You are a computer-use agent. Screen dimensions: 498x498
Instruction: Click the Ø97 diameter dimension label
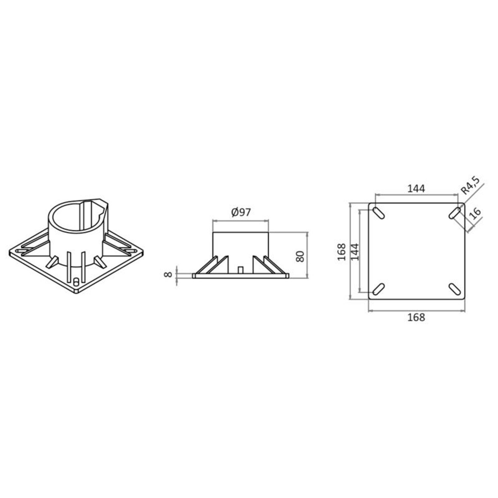pos(241,212)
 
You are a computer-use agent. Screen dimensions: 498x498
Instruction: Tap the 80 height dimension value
pos(300,256)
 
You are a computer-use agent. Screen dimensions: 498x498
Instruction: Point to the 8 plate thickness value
pos(169,275)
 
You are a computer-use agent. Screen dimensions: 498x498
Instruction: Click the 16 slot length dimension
pos(475,214)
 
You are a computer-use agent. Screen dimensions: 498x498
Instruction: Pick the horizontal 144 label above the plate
pos(416,189)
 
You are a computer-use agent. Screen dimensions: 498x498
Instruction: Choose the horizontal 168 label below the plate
pos(416,317)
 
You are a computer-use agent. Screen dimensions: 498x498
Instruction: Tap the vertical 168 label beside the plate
pos(342,252)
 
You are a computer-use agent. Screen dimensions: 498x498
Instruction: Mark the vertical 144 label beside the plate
pos(355,252)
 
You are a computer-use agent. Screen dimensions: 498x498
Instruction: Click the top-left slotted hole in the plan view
pos(378,213)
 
